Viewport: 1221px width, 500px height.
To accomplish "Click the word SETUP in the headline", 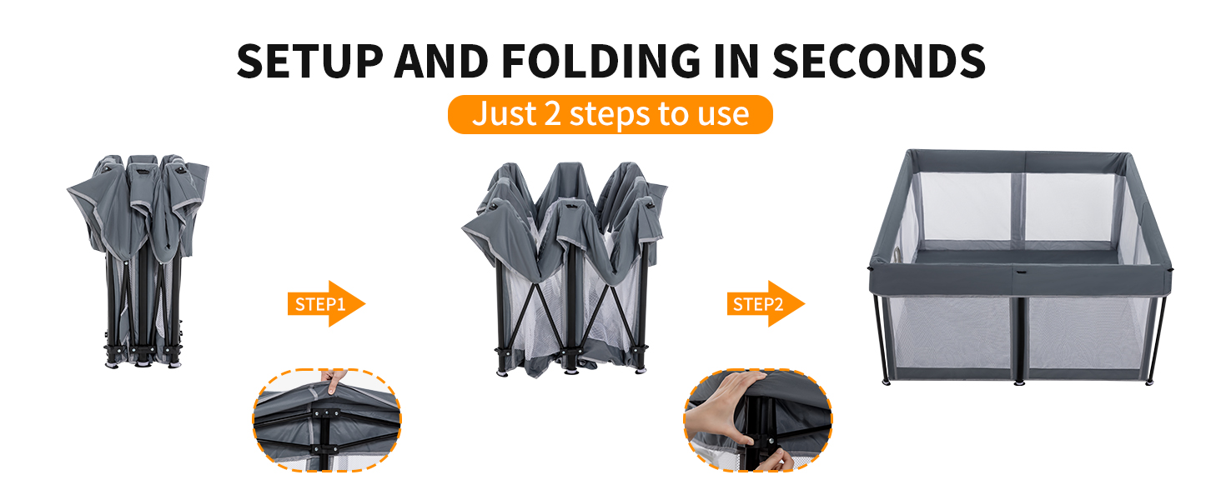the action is click(x=309, y=61).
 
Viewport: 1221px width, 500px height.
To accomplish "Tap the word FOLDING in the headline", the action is click(x=600, y=61).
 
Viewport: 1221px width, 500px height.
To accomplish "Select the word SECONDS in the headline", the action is click(x=879, y=61).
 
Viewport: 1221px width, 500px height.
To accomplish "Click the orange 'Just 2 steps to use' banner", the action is click(x=610, y=114).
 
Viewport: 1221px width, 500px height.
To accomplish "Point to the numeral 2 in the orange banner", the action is click(x=552, y=114).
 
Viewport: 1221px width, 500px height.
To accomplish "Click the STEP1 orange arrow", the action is click(x=326, y=304).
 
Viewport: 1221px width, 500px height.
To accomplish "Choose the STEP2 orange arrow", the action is click(x=766, y=304).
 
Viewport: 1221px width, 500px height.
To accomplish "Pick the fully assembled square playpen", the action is click(x=1020, y=267).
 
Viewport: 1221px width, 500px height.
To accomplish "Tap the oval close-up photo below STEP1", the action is click(x=326, y=420).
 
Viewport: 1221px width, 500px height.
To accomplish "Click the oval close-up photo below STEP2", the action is click(x=757, y=420).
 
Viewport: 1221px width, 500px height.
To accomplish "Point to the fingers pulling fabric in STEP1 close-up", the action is click(x=333, y=380).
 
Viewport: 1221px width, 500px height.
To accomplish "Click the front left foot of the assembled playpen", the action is click(x=887, y=382).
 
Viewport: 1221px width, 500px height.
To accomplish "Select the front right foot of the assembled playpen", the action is click(x=1149, y=382).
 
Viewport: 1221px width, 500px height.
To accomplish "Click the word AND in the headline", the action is click(x=441, y=61).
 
